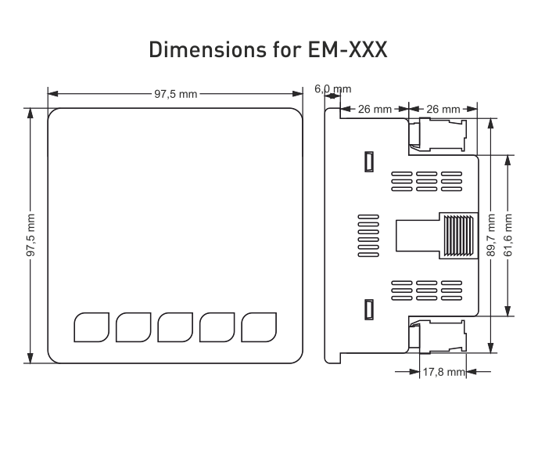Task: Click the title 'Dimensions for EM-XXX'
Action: point(268,50)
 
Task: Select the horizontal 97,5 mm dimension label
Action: point(175,93)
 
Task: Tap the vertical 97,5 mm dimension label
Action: point(30,234)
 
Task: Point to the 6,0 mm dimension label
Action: point(333,89)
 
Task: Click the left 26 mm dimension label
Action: point(374,109)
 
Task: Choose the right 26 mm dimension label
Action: point(442,109)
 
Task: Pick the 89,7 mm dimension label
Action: point(490,234)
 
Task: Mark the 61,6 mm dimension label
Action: point(508,234)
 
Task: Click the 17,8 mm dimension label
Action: point(443,373)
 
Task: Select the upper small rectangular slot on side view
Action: point(368,161)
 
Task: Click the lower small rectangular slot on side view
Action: point(368,309)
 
